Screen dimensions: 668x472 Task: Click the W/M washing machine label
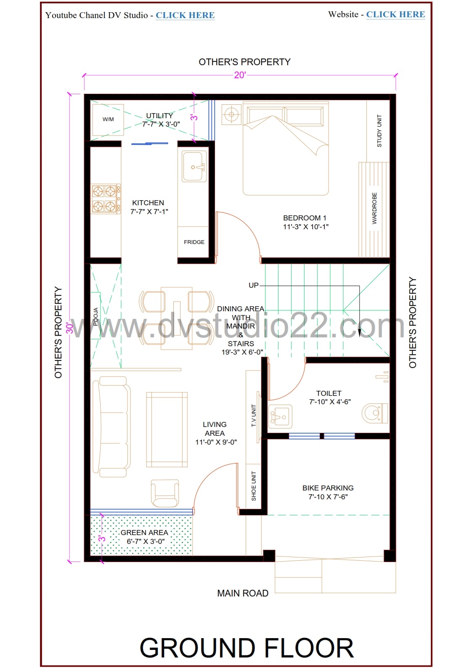(x=108, y=119)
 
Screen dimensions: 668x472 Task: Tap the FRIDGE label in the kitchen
(x=194, y=242)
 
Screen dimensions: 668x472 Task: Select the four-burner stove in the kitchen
(x=105, y=199)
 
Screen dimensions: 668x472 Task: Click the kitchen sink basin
(x=194, y=167)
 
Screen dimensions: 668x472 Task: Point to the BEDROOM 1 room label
(x=305, y=218)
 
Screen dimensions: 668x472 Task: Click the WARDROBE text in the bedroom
(x=374, y=208)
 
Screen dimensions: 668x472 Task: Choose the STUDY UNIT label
(x=379, y=131)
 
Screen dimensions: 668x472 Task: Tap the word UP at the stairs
(x=253, y=285)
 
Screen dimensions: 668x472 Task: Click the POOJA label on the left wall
(x=95, y=316)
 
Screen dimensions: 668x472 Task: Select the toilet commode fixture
(x=374, y=413)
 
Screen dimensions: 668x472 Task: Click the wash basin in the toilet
(x=279, y=416)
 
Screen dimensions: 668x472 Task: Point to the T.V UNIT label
(x=254, y=416)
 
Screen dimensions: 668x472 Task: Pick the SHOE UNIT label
(x=254, y=486)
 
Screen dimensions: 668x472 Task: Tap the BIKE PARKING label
(x=328, y=488)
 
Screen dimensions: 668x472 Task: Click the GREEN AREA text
(x=144, y=533)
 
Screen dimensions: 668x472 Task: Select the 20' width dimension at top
(x=240, y=75)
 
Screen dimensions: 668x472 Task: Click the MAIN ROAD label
(x=243, y=593)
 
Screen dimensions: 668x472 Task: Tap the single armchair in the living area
(x=164, y=493)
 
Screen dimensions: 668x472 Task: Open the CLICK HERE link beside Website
(x=395, y=14)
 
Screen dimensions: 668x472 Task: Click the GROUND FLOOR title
(x=247, y=648)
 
